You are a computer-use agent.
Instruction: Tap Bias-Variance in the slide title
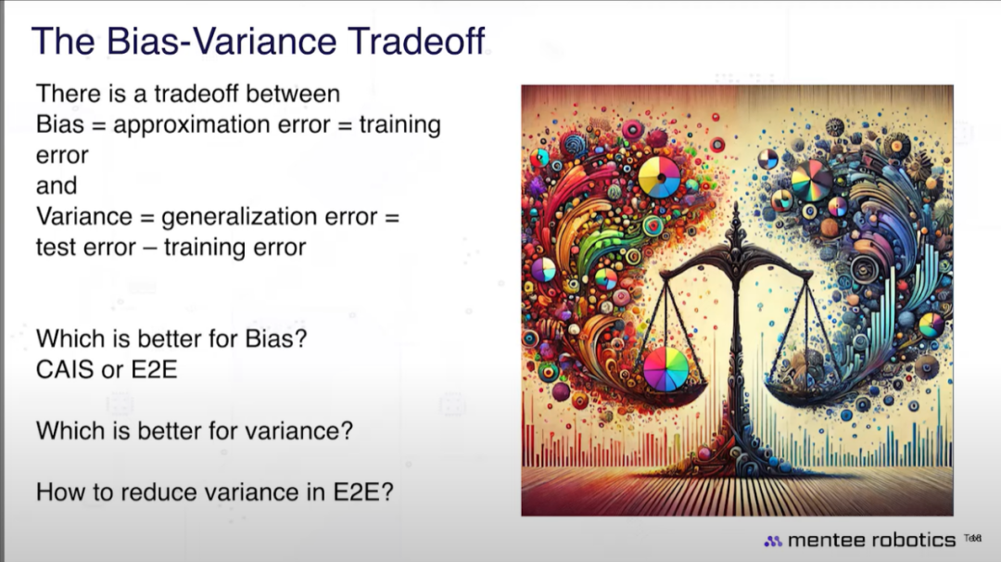[x=221, y=41]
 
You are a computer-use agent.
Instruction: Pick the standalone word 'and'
[x=57, y=185]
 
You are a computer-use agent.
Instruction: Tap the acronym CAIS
[x=65, y=370]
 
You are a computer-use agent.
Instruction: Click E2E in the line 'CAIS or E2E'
[x=154, y=370]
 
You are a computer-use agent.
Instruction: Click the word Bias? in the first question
[x=276, y=338]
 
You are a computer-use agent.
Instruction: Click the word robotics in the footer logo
[x=914, y=541]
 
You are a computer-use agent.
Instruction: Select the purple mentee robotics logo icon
[x=773, y=541]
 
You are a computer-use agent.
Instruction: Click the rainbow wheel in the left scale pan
[x=665, y=369]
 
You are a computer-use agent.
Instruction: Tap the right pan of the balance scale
[x=805, y=390]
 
